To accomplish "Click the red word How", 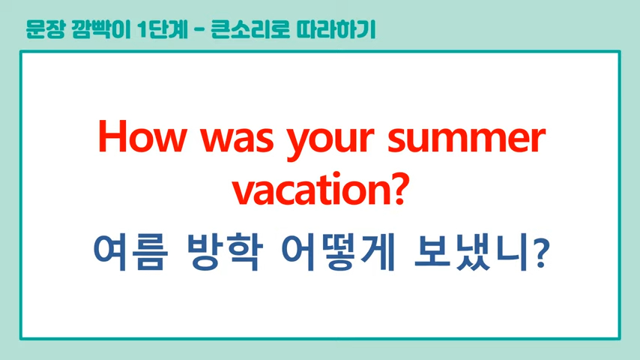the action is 142,136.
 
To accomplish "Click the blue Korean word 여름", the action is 130,252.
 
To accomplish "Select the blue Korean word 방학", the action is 224,252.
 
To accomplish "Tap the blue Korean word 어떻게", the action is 338,252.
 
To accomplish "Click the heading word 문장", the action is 45,29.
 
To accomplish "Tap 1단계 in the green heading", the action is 163,29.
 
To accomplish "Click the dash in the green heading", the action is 199,30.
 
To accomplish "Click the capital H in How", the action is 112,136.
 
